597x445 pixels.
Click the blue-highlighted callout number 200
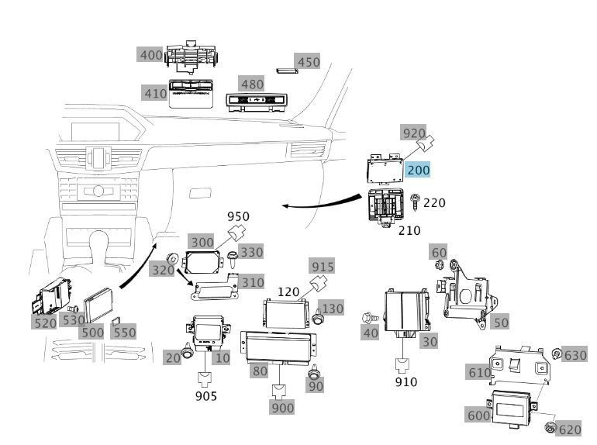click(x=419, y=170)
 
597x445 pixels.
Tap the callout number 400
click(x=151, y=55)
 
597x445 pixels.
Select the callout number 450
click(x=309, y=62)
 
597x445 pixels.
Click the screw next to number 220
click(x=415, y=202)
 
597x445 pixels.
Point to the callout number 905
click(x=206, y=396)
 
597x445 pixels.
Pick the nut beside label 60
click(x=438, y=263)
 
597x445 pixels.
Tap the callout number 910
click(x=406, y=381)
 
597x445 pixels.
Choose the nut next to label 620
click(x=550, y=427)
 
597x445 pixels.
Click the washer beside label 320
click(x=173, y=258)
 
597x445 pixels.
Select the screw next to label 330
click(x=232, y=259)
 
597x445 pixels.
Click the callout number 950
click(x=238, y=216)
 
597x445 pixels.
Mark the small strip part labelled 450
click(x=287, y=71)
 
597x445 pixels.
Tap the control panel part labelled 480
click(x=256, y=102)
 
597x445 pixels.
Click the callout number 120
click(x=288, y=292)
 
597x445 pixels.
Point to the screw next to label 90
click(x=314, y=372)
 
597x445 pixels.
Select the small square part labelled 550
click(x=116, y=322)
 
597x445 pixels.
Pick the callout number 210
click(x=409, y=230)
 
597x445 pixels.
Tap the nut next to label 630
click(x=557, y=354)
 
